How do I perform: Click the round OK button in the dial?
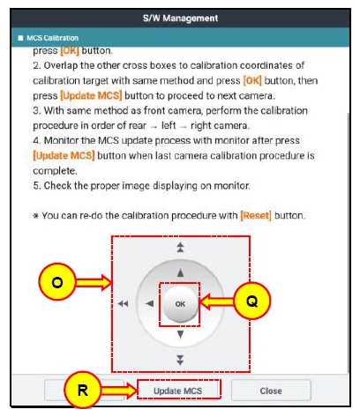180,304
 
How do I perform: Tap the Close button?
271,391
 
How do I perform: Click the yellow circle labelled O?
57,282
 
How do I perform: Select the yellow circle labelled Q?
251,301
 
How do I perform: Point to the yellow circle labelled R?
83,390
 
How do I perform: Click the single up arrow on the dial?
180,273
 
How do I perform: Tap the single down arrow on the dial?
180,334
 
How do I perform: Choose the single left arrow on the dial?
150,303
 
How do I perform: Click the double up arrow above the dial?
180,247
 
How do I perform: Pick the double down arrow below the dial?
180,360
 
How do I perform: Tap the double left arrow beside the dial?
124,303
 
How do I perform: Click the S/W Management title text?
180,19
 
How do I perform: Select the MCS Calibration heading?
52,38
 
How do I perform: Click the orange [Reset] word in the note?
256,215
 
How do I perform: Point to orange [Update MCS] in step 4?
64,155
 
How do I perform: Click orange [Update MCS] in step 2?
91,95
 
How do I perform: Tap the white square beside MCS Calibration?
20,38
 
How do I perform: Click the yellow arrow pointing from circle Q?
216,302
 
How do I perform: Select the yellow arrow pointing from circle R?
119,391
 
